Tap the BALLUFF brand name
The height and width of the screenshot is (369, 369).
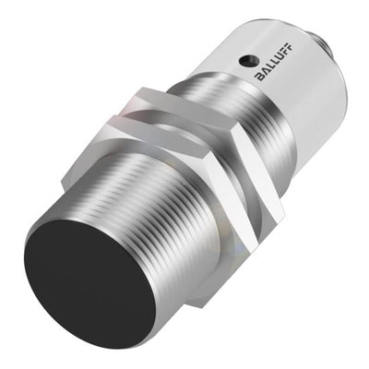pyautogui.click(x=275, y=63)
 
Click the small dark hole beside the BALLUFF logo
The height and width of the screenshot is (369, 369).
pyautogui.click(x=245, y=60)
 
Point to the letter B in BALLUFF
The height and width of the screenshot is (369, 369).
pyautogui.click(x=260, y=77)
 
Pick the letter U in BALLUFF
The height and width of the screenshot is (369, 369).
pyautogui.click(x=280, y=58)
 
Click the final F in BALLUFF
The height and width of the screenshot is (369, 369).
pyautogui.click(x=290, y=48)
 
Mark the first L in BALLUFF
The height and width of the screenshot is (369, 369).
pyautogui.click(x=270, y=66)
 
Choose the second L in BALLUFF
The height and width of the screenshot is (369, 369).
pyautogui.click(x=275, y=63)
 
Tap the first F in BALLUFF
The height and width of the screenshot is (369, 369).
pyautogui.click(x=285, y=53)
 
